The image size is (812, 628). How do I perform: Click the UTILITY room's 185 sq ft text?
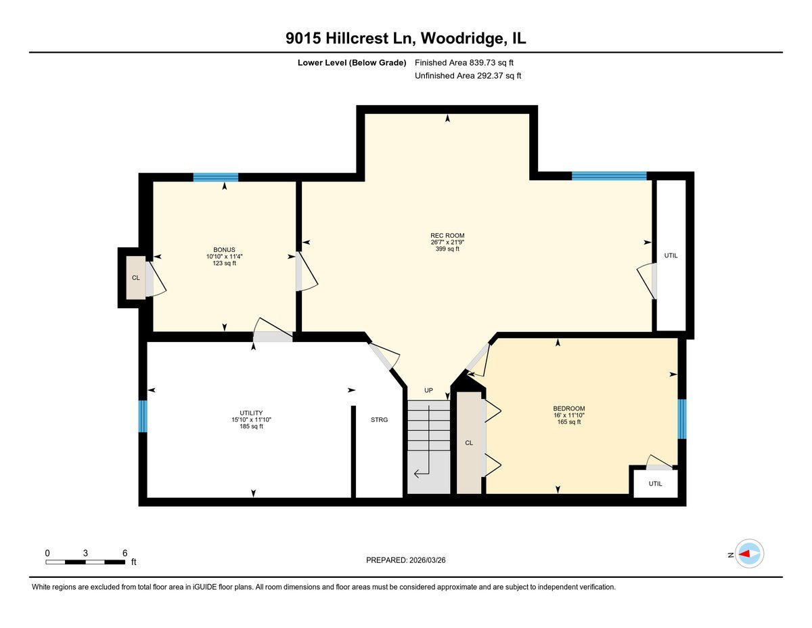[x=251, y=427]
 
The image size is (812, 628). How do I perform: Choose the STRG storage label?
[x=379, y=420]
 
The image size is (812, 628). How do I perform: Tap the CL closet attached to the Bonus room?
[x=136, y=278]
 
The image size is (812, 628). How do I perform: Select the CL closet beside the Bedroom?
[x=468, y=442]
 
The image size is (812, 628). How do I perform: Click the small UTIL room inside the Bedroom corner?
[x=655, y=484]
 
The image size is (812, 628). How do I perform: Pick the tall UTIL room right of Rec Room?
[x=671, y=255]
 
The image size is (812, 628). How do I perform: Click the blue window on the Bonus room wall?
[x=215, y=177]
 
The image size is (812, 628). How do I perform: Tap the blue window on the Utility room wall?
[x=143, y=416]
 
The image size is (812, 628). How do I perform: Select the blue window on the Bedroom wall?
[x=682, y=419]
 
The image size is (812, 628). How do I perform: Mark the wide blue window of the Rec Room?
[x=609, y=176]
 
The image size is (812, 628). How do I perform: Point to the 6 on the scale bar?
[x=125, y=553]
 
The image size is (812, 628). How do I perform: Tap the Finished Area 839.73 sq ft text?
[x=468, y=63]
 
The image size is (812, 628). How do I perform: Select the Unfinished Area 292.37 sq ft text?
[x=468, y=76]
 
